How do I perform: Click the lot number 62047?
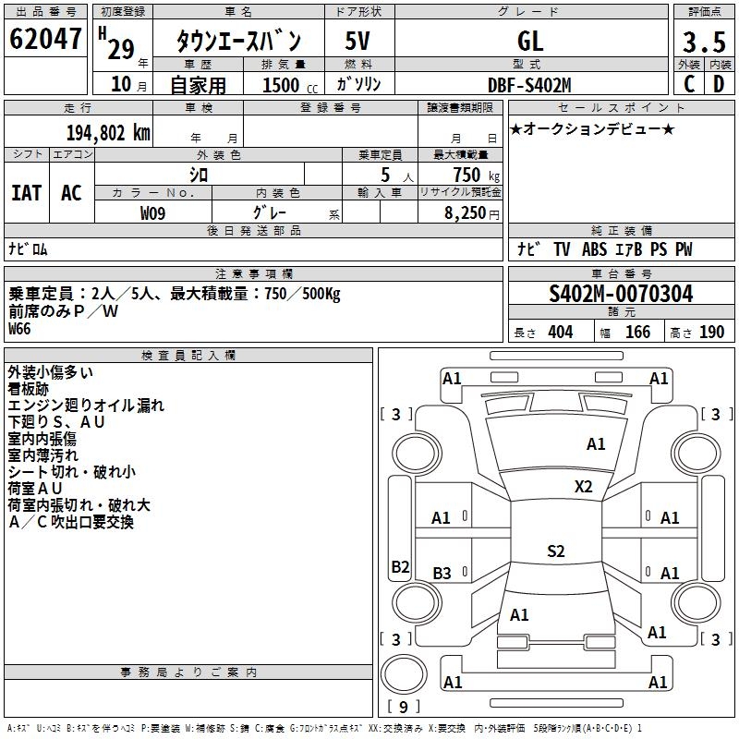pos(46,40)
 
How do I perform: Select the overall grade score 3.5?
pos(703,42)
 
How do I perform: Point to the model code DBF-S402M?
pos(530,85)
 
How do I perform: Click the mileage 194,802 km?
pos(107,132)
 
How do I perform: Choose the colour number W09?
pos(153,213)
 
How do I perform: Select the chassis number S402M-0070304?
pos(621,294)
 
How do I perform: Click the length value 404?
pos(560,333)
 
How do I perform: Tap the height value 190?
pos(711,333)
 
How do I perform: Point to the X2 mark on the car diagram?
pos(584,487)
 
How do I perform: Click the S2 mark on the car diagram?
pos(555,551)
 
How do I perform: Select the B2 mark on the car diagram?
pos(400,567)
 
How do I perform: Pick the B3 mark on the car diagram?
pos(442,574)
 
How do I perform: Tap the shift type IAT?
pos(27,193)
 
